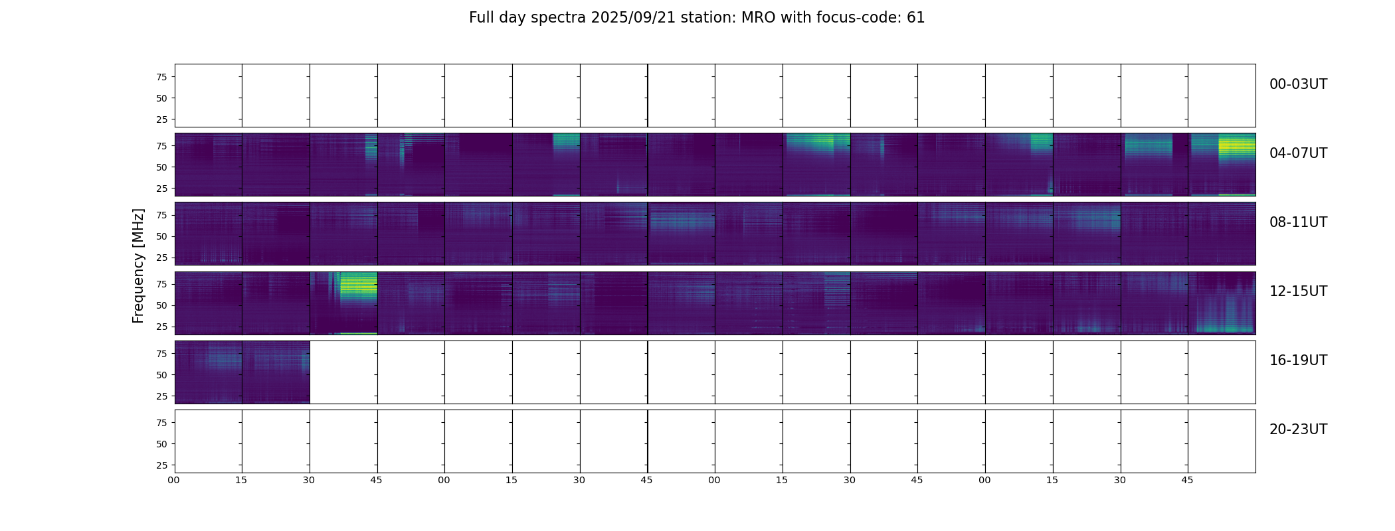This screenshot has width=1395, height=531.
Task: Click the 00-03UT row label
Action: tap(1298, 84)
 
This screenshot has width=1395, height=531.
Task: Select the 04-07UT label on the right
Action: tap(1298, 153)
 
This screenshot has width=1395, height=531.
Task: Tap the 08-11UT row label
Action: tap(1298, 222)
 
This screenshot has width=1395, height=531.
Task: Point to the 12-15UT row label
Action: tap(1298, 291)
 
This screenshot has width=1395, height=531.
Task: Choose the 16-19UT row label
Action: tap(1298, 360)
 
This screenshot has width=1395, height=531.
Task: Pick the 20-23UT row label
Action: tap(1298, 429)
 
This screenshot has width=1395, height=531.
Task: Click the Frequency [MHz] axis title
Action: tap(138, 266)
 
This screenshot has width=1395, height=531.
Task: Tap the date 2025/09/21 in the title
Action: tap(633, 18)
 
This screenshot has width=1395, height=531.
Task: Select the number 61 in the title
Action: tap(916, 18)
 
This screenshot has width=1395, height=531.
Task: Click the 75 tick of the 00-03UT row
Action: tap(162, 77)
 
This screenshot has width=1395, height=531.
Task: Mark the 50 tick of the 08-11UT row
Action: tap(162, 236)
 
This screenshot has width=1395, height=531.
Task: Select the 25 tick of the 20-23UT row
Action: tap(162, 465)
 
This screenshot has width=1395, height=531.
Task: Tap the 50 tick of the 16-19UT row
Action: tap(162, 375)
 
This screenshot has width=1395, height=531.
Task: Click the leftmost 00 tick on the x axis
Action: tap(174, 480)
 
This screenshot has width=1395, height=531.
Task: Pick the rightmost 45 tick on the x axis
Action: tap(1188, 480)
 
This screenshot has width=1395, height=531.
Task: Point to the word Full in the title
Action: tap(482, 18)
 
